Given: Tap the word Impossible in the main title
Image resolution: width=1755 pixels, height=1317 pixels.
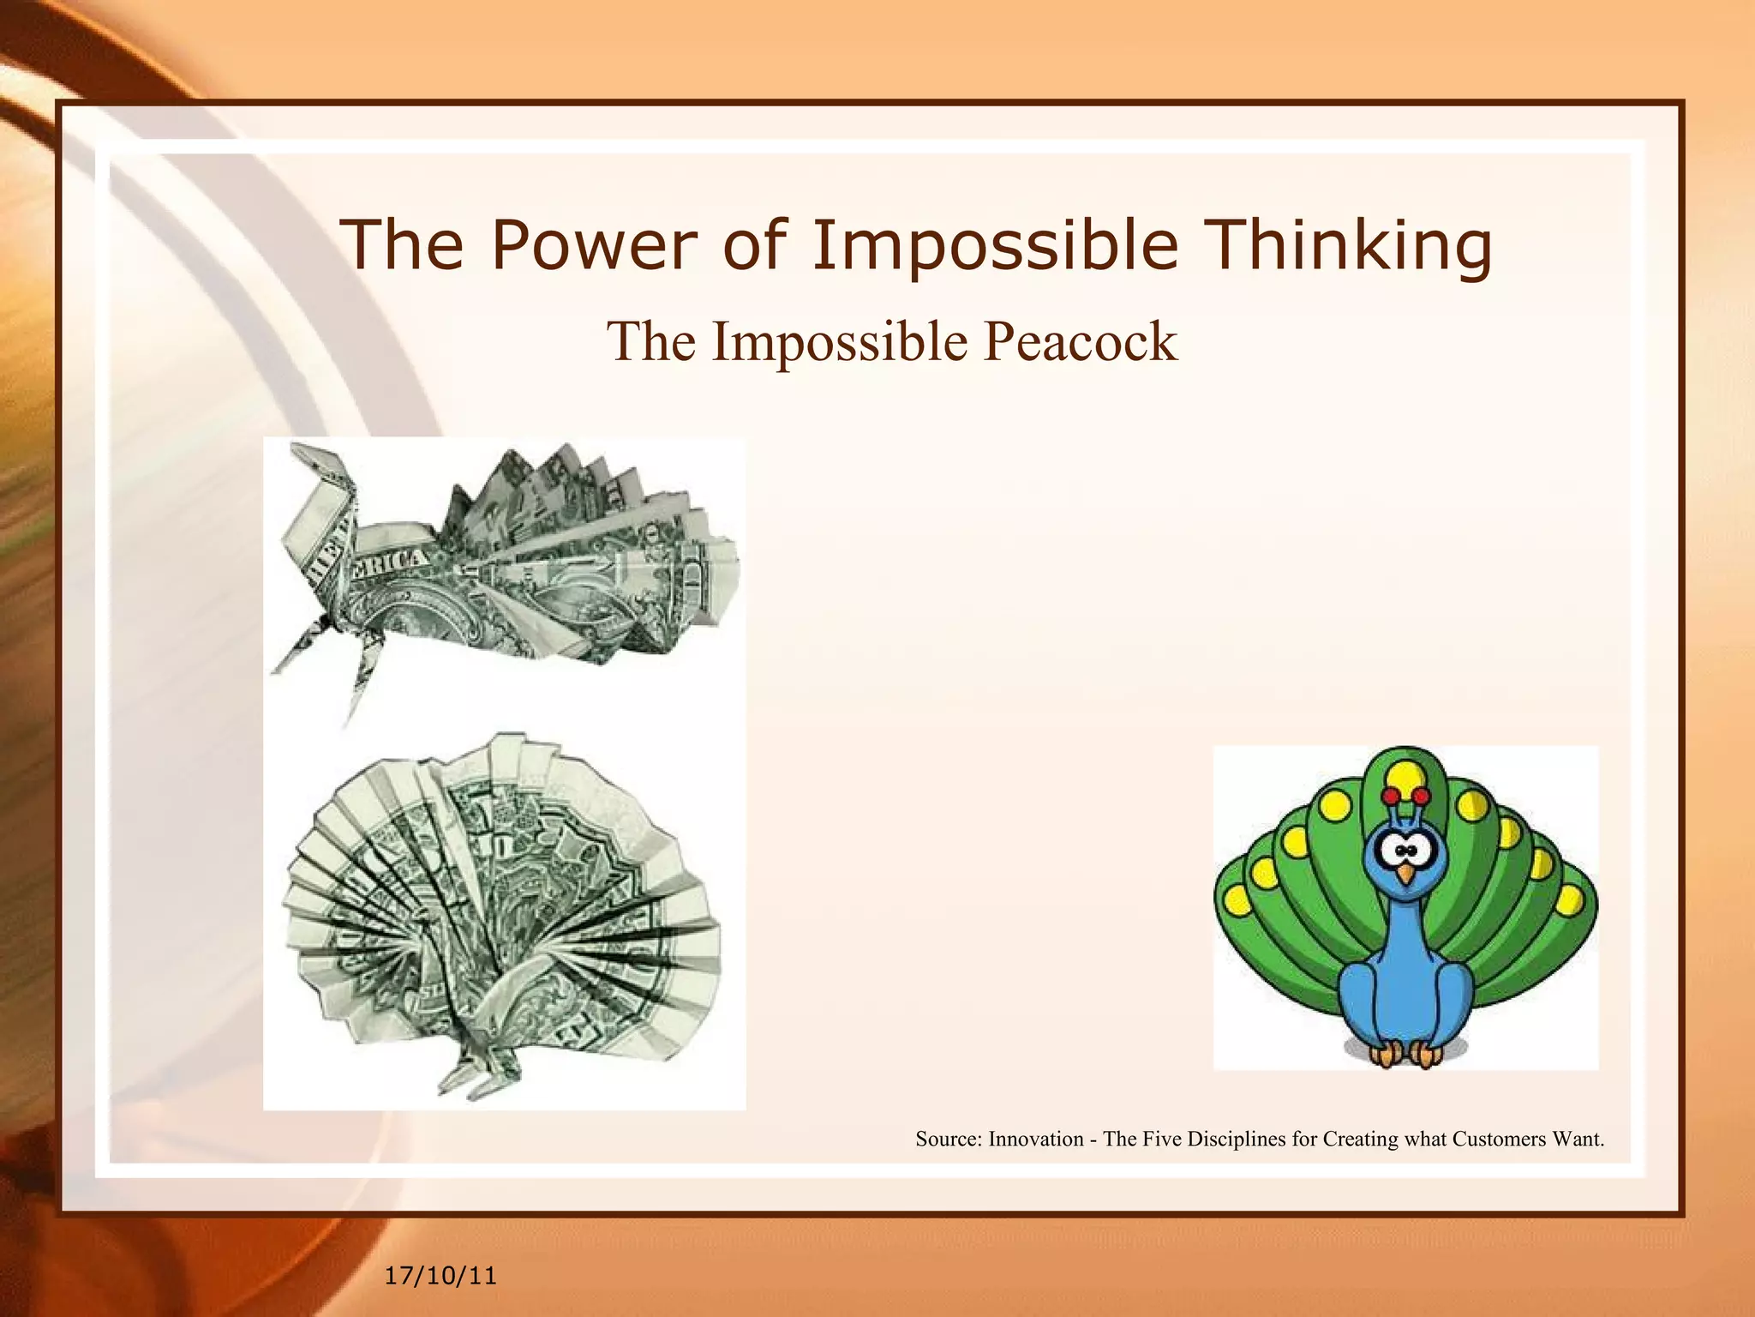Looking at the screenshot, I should coord(995,245).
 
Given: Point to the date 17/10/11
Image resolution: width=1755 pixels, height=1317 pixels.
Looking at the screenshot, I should coord(440,1276).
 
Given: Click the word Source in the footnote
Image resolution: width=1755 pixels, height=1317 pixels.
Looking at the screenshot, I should coord(948,1139).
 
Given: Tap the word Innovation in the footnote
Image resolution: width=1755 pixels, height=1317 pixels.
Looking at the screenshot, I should coord(1036,1139).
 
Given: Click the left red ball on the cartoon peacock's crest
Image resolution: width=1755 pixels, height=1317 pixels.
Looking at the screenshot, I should coord(1391,795).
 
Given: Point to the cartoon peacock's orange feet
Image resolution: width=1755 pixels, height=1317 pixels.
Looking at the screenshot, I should coord(1404,1053).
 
